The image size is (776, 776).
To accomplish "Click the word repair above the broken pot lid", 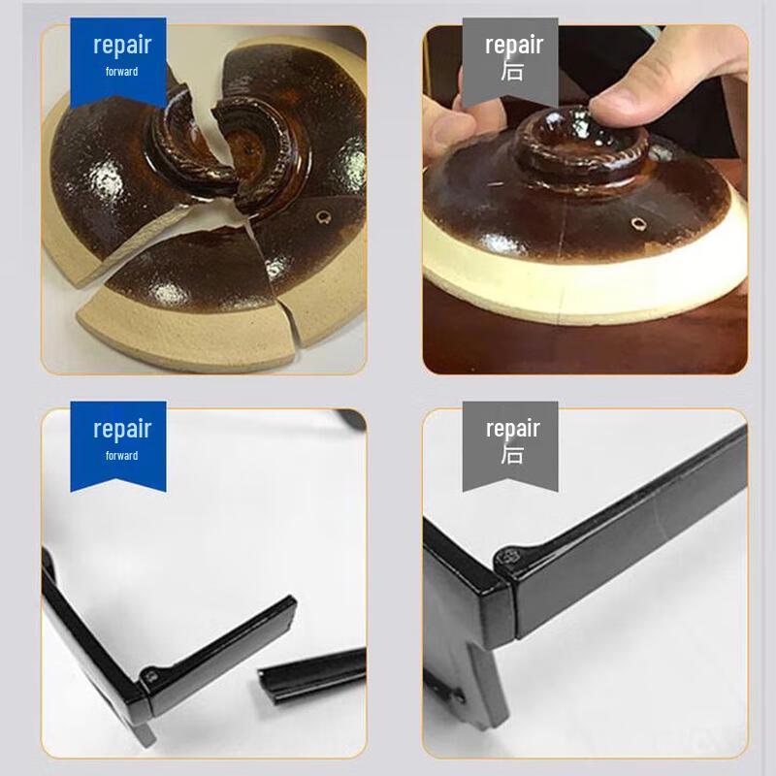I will click(x=122, y=45).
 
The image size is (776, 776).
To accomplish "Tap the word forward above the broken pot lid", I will click(x=122, y=72).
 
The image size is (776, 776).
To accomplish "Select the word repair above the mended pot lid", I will click(x=514, y=45).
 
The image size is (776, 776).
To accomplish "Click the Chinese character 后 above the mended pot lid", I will click(x=512, y=71).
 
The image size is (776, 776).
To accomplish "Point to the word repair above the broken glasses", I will click(x=122, y=429).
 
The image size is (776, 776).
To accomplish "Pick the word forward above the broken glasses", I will click(x=122, y=456).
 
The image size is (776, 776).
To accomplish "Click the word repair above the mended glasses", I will click(x=514, y=429).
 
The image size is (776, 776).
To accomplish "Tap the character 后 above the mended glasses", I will click(x=512, y=454).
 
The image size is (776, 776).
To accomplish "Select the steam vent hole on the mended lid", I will click(x=638, y=224).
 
